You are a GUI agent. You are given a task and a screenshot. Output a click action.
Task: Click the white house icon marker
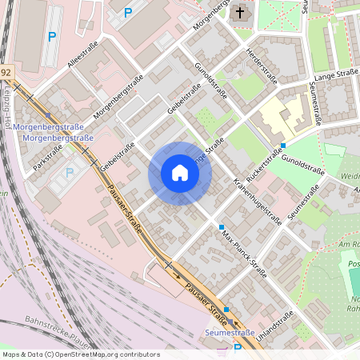click(180, 173)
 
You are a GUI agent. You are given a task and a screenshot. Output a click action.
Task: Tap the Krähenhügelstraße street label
click(258, 200)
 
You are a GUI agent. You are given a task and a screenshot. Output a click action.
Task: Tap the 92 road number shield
click(6, 73)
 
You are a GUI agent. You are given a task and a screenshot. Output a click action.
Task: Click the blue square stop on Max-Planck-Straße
click(222, 228)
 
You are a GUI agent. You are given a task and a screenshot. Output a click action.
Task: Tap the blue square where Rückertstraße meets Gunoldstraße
click(282, 145)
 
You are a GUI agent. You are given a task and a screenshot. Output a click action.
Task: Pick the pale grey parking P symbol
click(69, 171)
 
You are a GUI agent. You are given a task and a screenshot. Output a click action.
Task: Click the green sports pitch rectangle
click(354, 280)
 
